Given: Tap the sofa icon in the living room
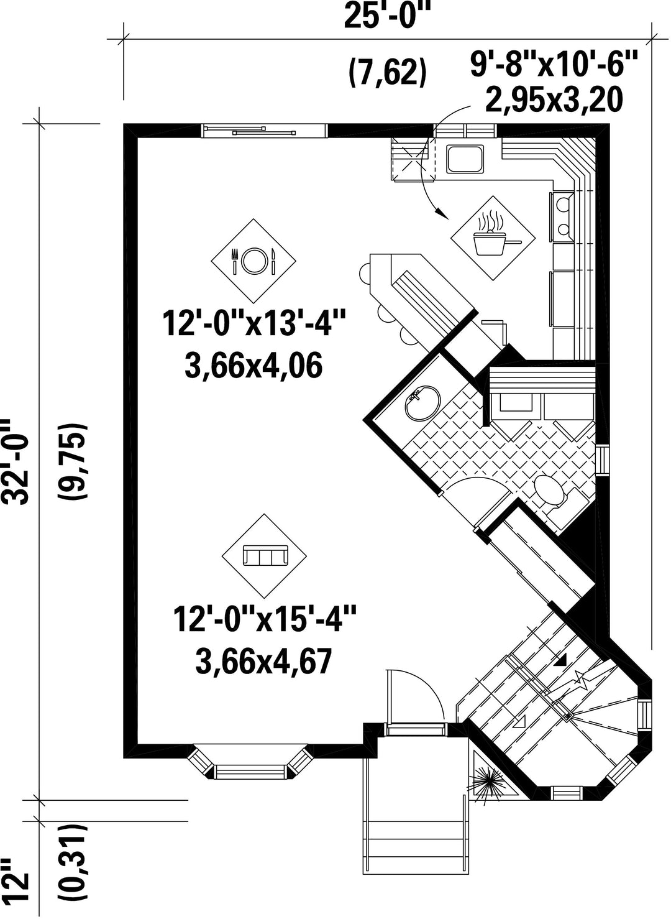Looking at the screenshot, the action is (x=265, y=555).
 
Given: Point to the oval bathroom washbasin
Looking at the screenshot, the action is (x=422, y=402).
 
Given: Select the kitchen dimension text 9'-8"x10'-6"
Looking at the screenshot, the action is (x=554, y=63).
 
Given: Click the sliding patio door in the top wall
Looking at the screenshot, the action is (x=265, y=131).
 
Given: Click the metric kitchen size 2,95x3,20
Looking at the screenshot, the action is (x=554, y=100).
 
